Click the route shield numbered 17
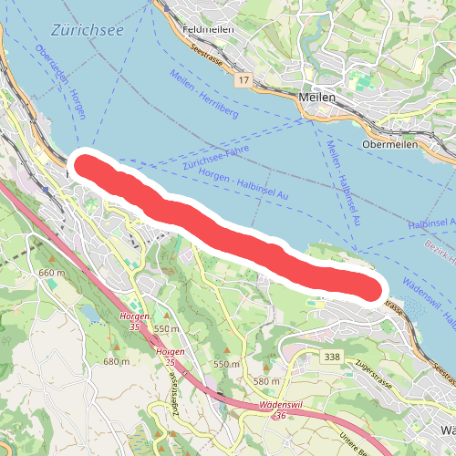(x=242, y=82)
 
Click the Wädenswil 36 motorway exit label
(x=280, y=409)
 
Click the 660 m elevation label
(x=52, y=273)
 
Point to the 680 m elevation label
(x=116, y=362)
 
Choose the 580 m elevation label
(x=265, y=380)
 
